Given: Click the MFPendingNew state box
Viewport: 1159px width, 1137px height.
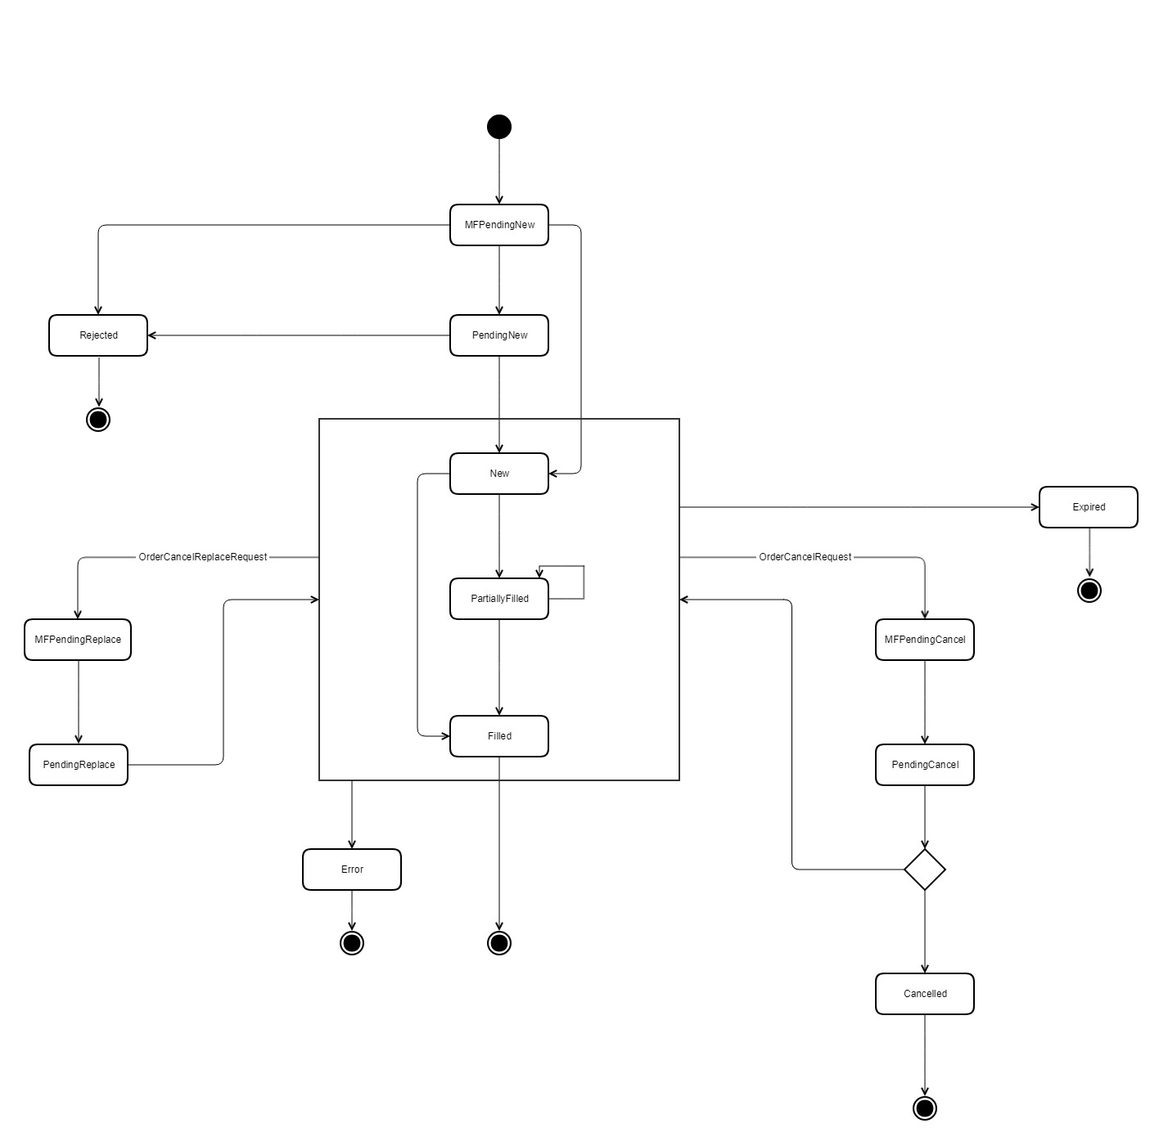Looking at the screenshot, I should click(499, 225).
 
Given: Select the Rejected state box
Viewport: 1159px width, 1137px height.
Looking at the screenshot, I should click(98, 335).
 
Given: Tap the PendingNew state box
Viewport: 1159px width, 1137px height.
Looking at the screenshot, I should click(499, 335).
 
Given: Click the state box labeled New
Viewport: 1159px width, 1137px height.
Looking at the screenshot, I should click(499, 474).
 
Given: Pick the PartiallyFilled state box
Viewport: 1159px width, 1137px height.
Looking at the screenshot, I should click(499, 599).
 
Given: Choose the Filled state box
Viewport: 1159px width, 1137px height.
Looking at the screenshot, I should click(499, 736).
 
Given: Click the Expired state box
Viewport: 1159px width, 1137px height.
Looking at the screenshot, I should click(1089, 507).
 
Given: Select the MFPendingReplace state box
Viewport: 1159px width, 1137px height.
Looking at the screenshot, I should click(78, 640).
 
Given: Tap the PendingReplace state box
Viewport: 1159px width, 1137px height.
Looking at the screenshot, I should click(79, 765).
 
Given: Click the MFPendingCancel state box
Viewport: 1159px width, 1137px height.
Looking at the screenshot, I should click(925, 640).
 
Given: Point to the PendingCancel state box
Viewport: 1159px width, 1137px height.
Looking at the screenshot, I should click(925, 765).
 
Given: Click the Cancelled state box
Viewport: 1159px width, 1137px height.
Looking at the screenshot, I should click(925, 994).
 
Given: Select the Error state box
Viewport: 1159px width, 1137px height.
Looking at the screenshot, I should click(352, 870).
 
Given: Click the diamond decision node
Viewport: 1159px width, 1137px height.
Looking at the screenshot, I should click(925, 870).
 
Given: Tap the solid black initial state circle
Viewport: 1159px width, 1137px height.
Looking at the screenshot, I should click(499, 127).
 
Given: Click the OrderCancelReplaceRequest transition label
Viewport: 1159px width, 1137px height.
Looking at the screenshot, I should click(203, 557).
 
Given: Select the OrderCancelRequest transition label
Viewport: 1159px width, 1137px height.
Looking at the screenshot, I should click(805, 557).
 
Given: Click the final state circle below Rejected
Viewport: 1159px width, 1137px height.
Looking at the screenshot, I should click(98, 420).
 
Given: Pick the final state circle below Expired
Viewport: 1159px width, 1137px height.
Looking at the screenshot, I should click(1089, 591).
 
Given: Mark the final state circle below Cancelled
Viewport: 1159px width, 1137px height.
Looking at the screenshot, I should click(925, 1108).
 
